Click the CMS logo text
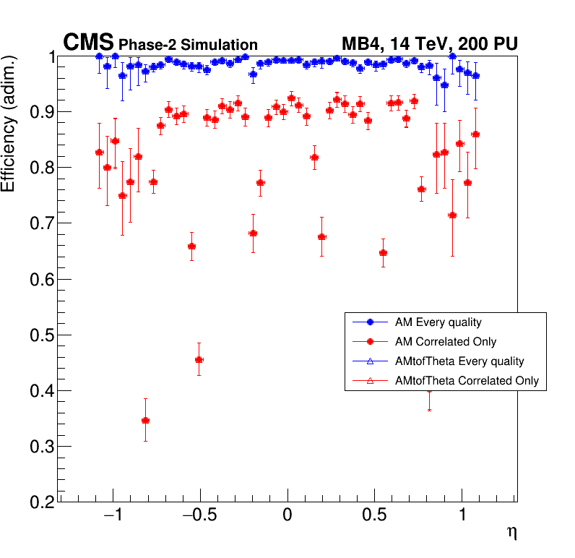(88, 43)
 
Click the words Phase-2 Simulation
(188, 45)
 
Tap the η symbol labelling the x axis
(511, 533)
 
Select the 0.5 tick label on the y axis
(41, 335)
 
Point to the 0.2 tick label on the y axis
(41, 502)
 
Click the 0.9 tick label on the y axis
(41, 112)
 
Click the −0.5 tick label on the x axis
(196, 516)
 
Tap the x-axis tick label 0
(287, 516)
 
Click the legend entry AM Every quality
(433, 322)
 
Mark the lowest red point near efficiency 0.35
(145, 420)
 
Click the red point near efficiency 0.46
(199, 359)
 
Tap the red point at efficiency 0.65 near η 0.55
(383, 253)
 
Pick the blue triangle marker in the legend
(369, 361)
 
